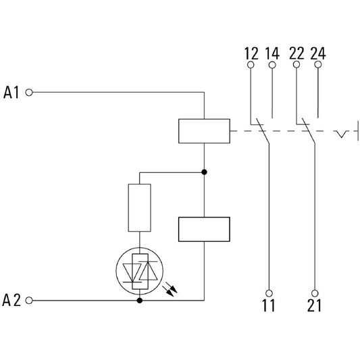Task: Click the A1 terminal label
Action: pos(11,93)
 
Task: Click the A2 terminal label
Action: pos(11,301)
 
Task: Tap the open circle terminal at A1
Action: pos(29,93)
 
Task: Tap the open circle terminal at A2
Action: pos(29,301)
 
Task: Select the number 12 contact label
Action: pos(251,53)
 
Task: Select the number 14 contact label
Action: pos(272,53)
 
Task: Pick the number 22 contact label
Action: pos(297,53)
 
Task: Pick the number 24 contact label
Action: pos(318,53)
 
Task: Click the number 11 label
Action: pos(269,305)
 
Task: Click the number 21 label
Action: pos(315,305)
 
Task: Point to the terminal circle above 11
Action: pos(269,293)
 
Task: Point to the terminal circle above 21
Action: pos(315,293)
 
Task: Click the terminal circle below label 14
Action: pos(272,65)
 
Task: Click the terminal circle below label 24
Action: pos(318,65)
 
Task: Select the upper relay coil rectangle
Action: pos(204,131)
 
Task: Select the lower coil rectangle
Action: pos(204,229)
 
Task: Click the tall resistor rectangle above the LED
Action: pos(140,207)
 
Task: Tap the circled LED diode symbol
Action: pos(140,271)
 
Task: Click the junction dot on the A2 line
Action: pos(140,301)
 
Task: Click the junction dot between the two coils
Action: pos(204,172)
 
